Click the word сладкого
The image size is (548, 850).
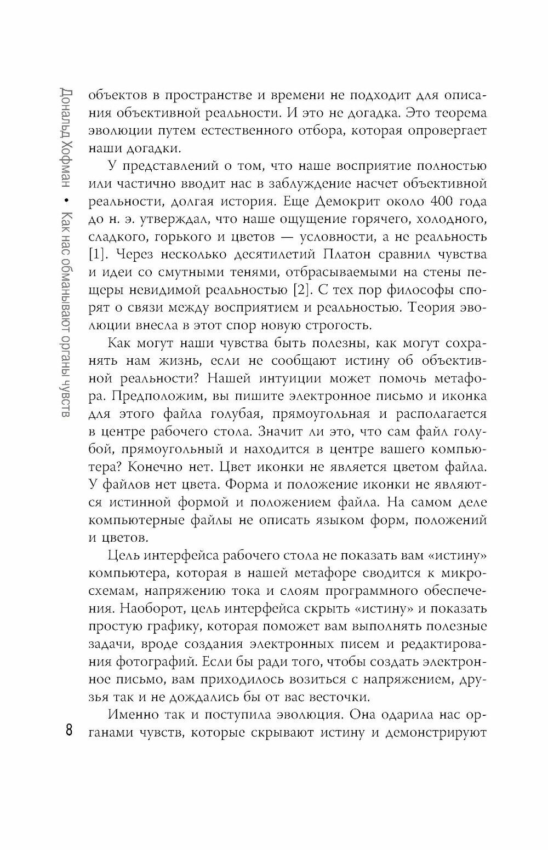(118, 237)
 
